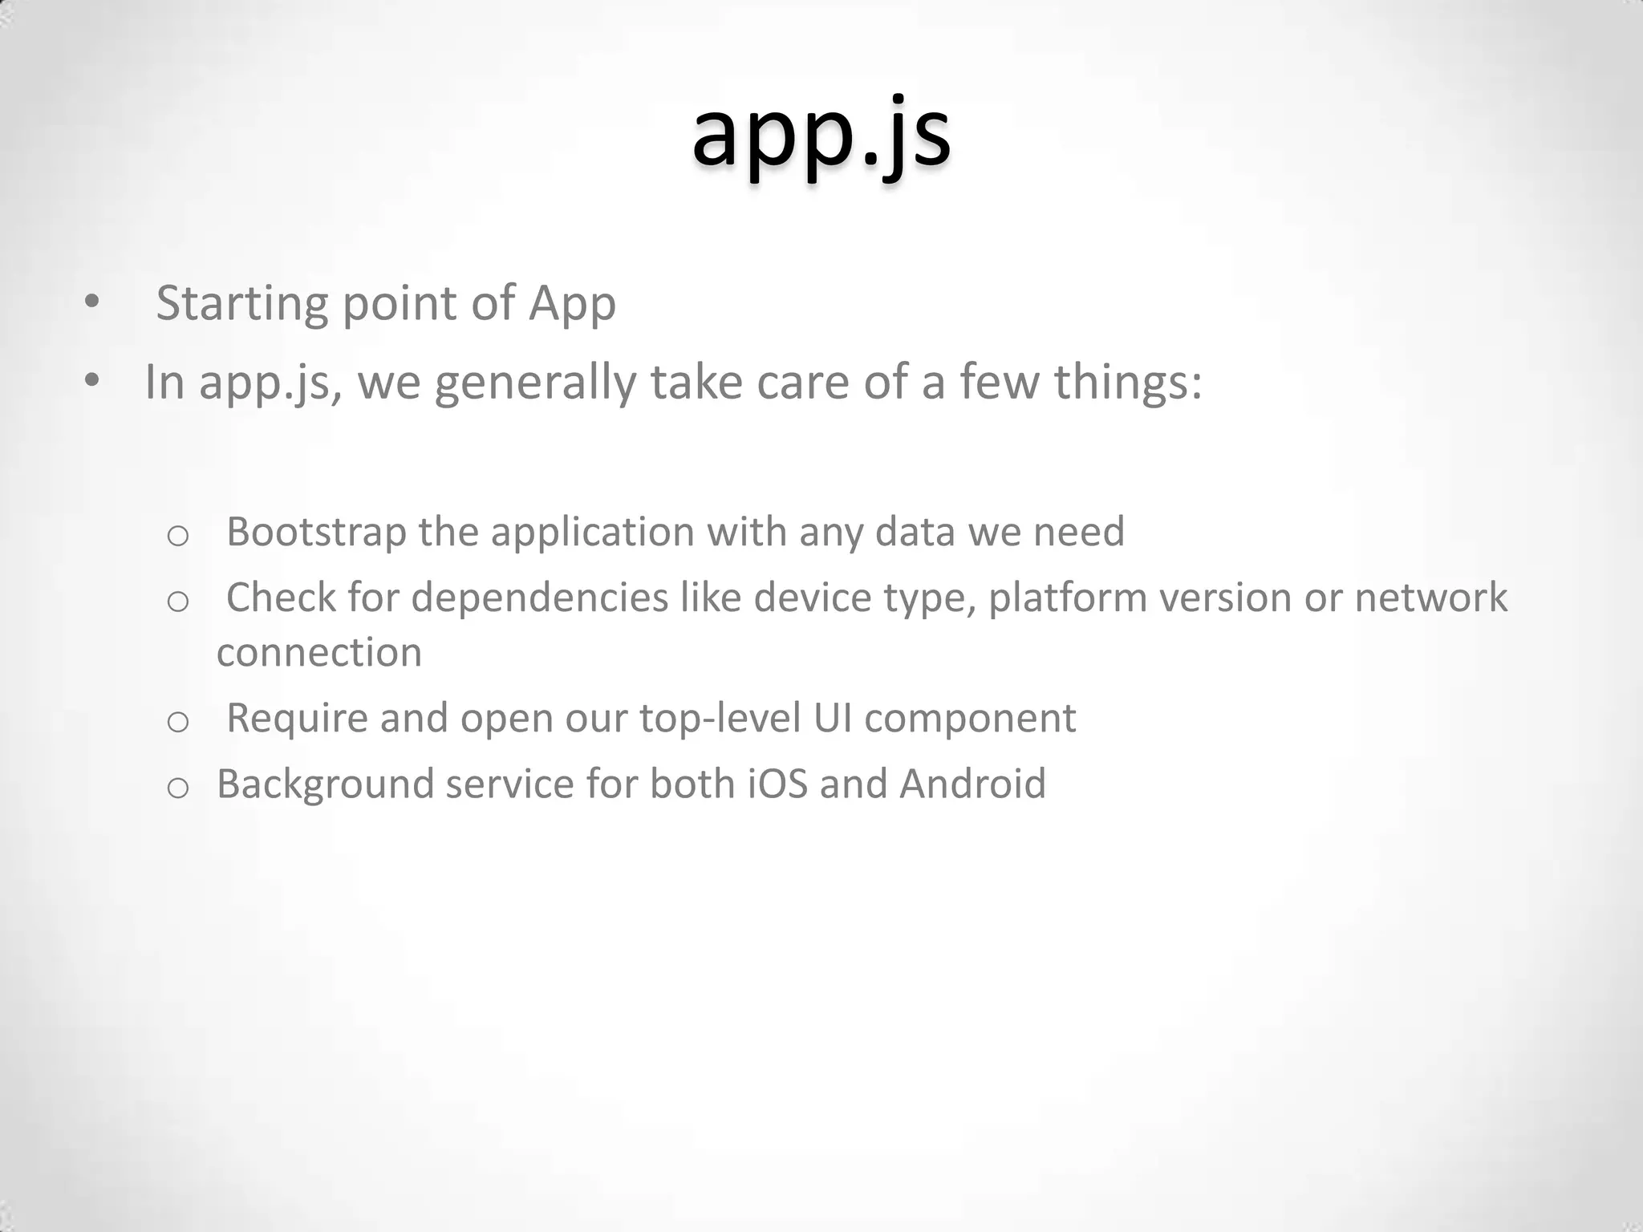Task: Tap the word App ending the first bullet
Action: (572, 304)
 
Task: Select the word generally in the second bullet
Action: (535, 382)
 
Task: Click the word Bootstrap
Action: (316, 532)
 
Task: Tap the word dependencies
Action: (540, 598)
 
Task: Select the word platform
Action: (1068, 598)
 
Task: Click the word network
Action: (1431, 598)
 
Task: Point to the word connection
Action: (319, 652)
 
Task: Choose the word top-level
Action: (720, 718)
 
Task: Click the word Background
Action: (325, 784)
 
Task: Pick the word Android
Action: (972, 784)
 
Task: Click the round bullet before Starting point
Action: (91, 302)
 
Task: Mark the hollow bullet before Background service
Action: (177, 788)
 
